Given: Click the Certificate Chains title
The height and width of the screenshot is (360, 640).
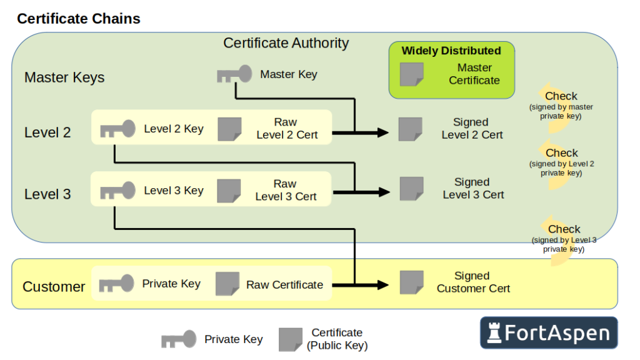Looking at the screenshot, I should click(79, 19).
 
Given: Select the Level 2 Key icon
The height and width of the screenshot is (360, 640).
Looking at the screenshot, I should click(117, 129).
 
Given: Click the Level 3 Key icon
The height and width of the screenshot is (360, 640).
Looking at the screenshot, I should click(117, 191).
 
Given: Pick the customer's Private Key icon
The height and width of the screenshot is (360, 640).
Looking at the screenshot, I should click(116, 284).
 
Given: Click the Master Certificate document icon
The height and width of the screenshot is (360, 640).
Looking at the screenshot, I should click(412, 74).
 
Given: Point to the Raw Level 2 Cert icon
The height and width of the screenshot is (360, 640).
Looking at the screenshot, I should click(229, 129).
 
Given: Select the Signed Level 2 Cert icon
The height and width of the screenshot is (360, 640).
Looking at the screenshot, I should click(411, 129).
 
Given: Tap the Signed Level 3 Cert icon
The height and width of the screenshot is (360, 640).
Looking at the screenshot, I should click(411, 189).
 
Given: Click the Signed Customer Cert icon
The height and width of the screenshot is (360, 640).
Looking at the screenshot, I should click(411, 282).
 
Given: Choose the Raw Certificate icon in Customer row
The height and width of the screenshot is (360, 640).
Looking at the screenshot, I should click(227, 284).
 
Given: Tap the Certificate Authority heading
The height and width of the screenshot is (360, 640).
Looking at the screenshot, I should click(286, 43).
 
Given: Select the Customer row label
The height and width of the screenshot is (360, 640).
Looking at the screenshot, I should click(54, 287).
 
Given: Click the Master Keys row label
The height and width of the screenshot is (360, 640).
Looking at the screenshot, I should click(64, 77).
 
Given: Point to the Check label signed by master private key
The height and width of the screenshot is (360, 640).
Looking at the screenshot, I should click(561, 96).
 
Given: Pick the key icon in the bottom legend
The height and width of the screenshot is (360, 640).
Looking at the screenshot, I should click(179, 339).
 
